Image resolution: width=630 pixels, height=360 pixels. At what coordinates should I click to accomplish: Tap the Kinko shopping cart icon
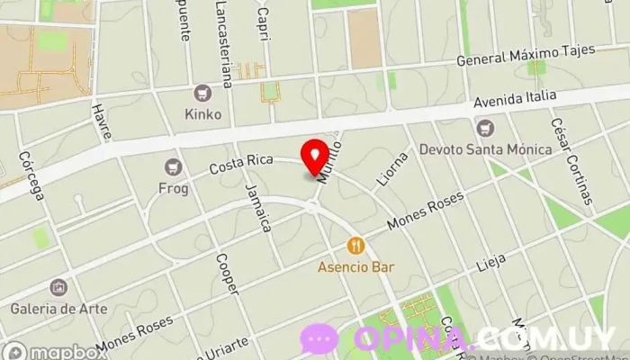202,94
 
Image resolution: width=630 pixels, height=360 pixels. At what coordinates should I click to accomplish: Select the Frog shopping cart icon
173,166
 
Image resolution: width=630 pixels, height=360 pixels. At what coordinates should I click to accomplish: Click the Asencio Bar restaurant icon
357,245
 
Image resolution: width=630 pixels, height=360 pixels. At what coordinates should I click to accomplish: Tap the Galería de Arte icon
58,288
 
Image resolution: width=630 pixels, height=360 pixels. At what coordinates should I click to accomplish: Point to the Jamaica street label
258,208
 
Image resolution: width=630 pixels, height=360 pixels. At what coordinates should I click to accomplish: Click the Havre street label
102,121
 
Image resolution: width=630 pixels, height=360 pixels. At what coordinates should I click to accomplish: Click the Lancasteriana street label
224,44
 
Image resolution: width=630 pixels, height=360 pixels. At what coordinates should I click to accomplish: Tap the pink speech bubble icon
319,338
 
